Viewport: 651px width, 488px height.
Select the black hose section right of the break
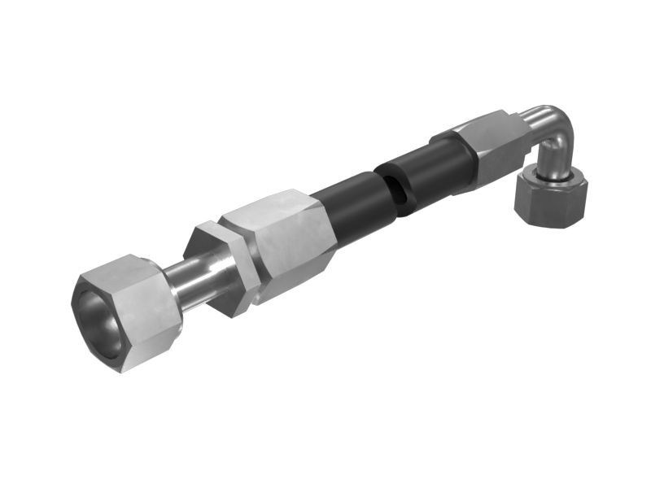[423, 175]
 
